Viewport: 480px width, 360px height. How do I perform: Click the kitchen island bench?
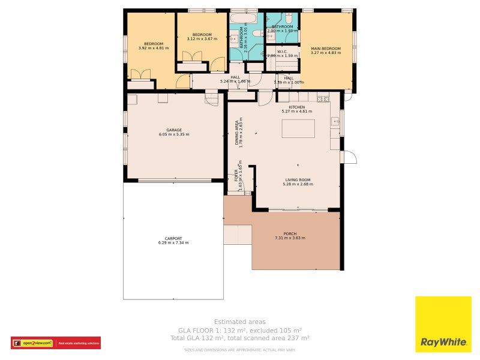pyautogui.click(x=298, y=129)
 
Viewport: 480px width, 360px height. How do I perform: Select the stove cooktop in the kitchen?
pyautogui.click(x=323, y=98)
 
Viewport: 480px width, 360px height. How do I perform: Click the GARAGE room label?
pyautogui.click(x=174, y=130)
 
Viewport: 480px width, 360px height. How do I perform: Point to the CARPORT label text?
pyautogui.click(x=173, y=238)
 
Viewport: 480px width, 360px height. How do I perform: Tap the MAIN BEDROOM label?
pyautogui.click(x=325, y=49)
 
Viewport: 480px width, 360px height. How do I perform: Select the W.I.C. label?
pyautogui.click(x=282, y=52)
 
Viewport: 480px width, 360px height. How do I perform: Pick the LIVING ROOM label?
pyautogui.click(x=297, y=179)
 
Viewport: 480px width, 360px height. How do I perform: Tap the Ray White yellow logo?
pyautogui.click(x=443, y=324)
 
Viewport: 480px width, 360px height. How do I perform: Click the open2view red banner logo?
pyautogui.click(x=55, y=343)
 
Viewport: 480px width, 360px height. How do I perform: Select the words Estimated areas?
pyautogui.click(x=239, y=322)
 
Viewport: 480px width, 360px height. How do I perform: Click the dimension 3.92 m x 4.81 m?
pyautogui.click(x=153, y=48)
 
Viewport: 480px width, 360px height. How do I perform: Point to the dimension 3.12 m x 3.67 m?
pyautogui.click(x=202, y=39)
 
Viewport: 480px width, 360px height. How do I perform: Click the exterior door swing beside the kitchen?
pyautogui.click(x=349, y=158)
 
